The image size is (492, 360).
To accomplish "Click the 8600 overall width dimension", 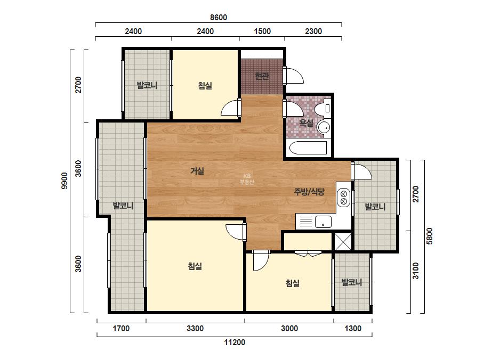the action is coord(219,17).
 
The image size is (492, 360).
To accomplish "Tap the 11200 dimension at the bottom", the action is coord(235,342).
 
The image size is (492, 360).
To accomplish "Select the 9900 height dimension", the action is coord(64,181).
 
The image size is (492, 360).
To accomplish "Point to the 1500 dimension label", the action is coord(262,31).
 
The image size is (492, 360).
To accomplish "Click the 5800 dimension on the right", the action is coord(429,236).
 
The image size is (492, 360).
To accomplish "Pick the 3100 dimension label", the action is coord(415,271).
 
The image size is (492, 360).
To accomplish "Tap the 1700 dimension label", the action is coord(121,329).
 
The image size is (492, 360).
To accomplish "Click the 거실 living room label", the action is coord(197,171).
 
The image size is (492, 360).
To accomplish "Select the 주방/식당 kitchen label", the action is coord(309,192).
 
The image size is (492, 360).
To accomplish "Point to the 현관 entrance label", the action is coord(262,76).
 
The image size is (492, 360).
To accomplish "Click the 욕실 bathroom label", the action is coord(306,122).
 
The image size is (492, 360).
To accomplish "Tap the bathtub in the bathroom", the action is coord(308,148).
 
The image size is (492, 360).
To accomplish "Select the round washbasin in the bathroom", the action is coord(323,127).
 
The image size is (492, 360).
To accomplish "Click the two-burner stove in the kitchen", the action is coord(344,197).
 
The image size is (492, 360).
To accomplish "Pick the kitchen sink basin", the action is coord(323,222).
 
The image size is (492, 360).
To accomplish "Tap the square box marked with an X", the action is coord(343,242).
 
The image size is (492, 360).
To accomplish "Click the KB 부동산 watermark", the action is coord(247,179).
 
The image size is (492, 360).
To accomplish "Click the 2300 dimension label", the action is coord(313,31).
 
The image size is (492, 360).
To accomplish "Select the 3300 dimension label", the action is coord(195,329).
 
